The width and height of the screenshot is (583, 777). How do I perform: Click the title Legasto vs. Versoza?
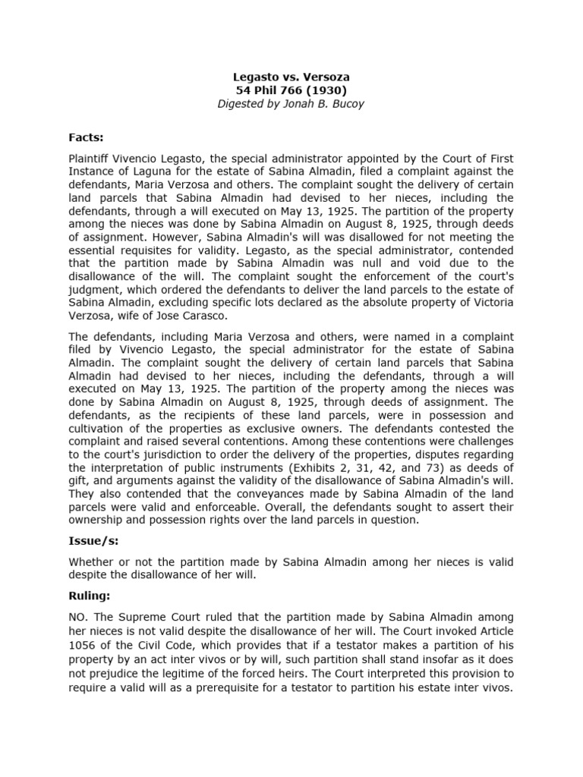(x=291, y=77)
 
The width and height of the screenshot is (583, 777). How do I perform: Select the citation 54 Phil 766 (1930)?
(x=291, y=90)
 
